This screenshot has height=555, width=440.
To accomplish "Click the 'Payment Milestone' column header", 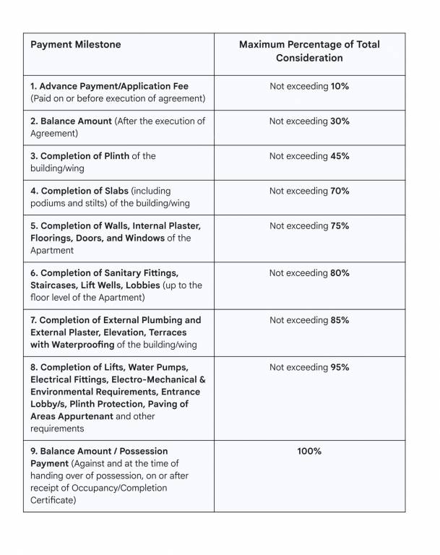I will [x=76, y=45].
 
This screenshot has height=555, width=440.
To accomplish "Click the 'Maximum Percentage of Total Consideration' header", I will [x=309, y=51].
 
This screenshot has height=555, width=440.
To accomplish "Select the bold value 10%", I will [x=340, y=87].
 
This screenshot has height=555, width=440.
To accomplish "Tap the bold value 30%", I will [x=340, y=121].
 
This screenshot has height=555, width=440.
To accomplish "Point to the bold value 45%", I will [x=340, y=156].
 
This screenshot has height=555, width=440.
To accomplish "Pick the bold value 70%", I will [x=340, y=191].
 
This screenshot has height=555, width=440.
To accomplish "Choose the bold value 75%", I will [x=340, y=226].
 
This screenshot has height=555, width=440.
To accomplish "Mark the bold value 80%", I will [x=340, y=273].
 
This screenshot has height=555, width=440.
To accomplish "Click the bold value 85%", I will [x=340, y=320].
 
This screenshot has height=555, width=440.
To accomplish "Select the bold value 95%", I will [x=340, y=367].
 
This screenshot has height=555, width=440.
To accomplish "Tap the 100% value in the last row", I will [x=309, y=452].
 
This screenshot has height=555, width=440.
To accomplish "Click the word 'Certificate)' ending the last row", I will [x=53, y=500].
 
